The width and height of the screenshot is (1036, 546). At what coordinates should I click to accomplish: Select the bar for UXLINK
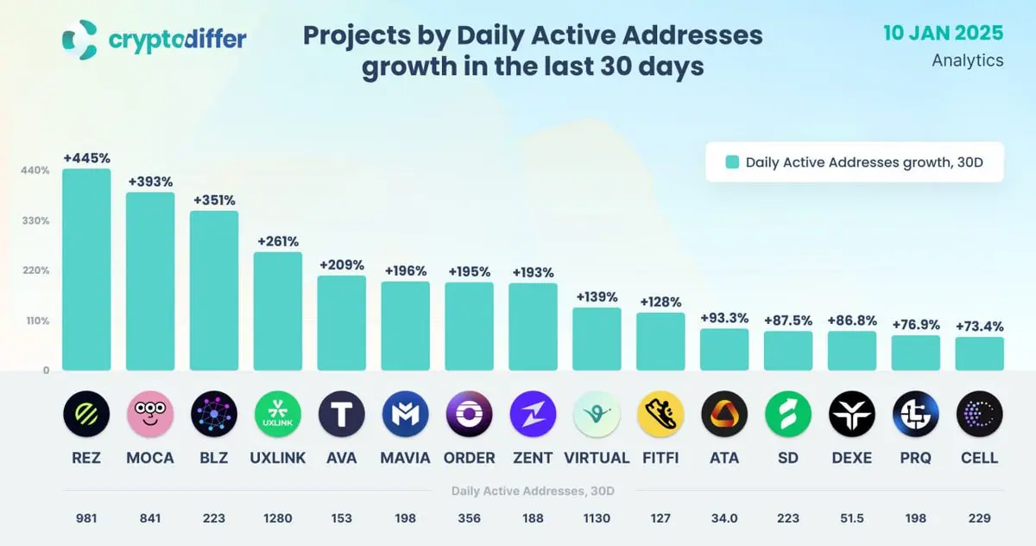pos(278,311)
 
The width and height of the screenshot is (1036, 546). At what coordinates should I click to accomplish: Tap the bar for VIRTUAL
pos(597,339)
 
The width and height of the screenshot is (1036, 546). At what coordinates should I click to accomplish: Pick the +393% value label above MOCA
pos(150,182)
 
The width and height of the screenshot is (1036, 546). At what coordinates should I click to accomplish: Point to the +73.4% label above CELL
pos(979,327)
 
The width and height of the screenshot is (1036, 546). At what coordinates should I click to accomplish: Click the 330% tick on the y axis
pos(35,220)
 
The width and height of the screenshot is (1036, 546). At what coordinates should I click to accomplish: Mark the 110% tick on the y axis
pos(35,321)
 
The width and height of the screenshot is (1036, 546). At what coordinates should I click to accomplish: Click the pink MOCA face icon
pos(150,415)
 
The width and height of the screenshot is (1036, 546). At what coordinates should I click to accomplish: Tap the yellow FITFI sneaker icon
pos(660,415)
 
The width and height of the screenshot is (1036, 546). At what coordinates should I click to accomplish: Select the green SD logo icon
pos(788,415)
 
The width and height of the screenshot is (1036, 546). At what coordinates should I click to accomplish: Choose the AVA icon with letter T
pos(342,415)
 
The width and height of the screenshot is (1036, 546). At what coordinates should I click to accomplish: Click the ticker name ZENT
pos(533,458)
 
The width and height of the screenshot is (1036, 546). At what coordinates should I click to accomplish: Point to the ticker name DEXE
pos(851,458)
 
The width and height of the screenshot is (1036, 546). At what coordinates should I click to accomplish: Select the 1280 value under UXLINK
pos(278,518)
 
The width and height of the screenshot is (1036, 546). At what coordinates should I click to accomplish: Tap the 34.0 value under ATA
pos(724,518)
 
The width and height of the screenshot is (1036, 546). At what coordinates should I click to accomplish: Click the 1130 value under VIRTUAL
pos(597,518)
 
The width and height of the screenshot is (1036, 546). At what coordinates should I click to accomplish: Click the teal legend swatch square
pos(732,162)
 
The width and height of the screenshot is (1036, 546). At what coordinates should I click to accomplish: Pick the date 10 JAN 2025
pos(944,34)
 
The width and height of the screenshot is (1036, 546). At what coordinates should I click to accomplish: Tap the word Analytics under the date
pos(968,60)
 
